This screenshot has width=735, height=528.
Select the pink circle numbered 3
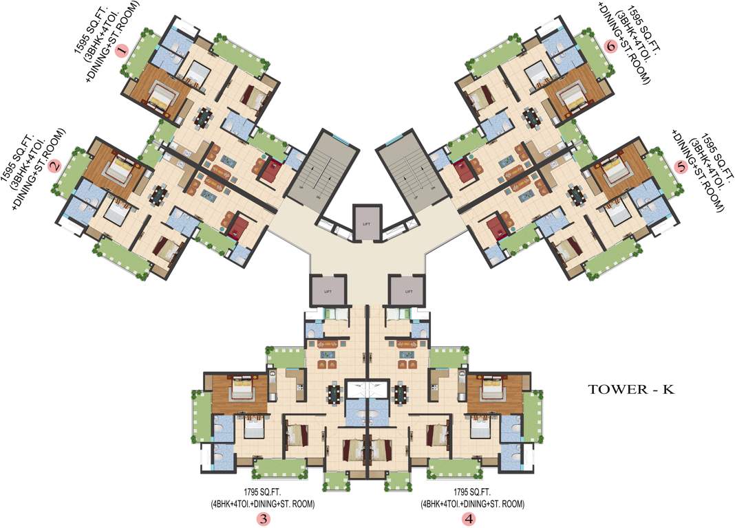point(264,520)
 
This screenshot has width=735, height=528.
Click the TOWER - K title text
point(630,390)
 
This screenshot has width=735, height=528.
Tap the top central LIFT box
point(365,222)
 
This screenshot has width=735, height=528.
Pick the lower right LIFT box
point(407,290)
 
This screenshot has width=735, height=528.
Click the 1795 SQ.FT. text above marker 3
point(263,492)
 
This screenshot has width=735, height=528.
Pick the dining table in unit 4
point(401,395)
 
